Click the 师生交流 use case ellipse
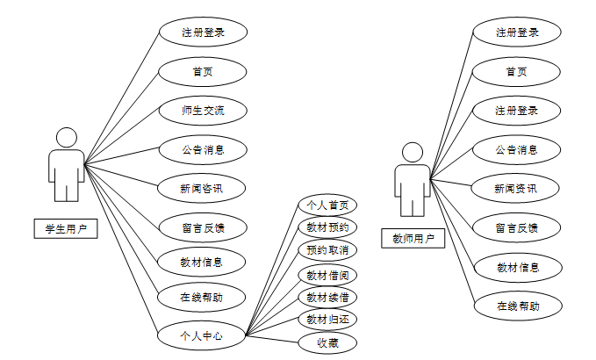point(203,111)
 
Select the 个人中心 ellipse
point(201,335)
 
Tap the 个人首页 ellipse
point(327,205)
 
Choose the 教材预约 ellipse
point(327,228)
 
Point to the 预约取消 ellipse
point(327,251)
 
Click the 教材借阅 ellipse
point(327,275)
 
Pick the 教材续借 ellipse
point(327,297)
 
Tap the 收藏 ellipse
point(327,342)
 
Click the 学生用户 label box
point(66,228)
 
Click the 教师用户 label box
point(413,238)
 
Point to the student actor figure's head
point(66,138)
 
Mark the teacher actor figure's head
point(412,152)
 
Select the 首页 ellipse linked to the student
point(203,72)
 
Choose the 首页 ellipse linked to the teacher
point(517,72)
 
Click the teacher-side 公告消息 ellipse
point(517,149)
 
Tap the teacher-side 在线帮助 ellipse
point(517,306)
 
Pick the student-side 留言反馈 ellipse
point(203,227)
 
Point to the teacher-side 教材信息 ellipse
point(517,267)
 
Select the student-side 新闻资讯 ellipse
point(203,188)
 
